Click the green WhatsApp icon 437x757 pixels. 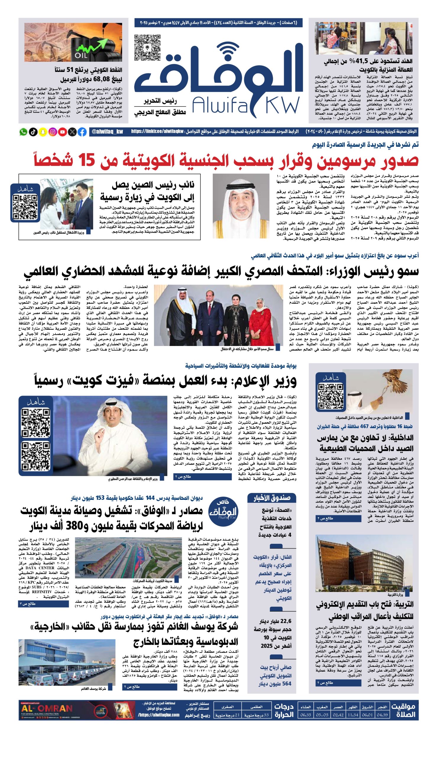tap(23, 132)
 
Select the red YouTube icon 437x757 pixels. tap(62, 132)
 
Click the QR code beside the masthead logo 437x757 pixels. tap(147, 48)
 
